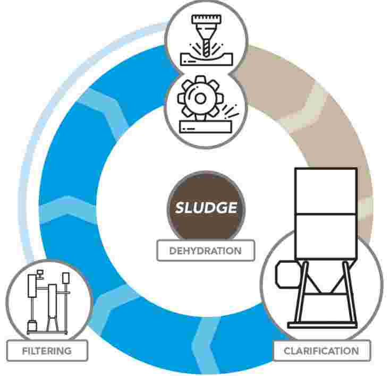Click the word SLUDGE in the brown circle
point(206,207)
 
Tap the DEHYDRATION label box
point(206,251)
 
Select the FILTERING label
point(47,351)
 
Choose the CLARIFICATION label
point(321,351)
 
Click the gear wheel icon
point(200,98)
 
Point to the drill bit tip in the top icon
point(206,55)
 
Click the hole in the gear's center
point(200,98)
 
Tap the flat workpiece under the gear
point(206,126)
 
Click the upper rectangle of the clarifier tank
point(326,191)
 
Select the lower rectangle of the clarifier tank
point(326,236)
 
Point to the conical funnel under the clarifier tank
point(325,280)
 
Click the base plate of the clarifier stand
point(323,325)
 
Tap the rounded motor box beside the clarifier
point(288,274)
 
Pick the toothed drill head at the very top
point(206,20)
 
